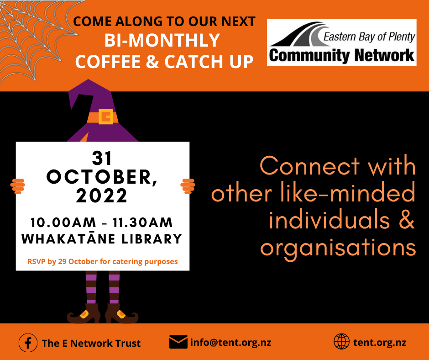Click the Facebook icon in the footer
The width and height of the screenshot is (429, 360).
point(28,343)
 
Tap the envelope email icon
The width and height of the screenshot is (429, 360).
point(178,342)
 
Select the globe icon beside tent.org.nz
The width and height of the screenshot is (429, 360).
point(341,342)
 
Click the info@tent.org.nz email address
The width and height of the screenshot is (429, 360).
point(230,343)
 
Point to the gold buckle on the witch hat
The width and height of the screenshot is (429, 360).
point(106,116)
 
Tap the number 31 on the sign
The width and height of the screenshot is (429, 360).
point(102,158)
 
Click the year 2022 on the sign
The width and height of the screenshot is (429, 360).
point(101,196)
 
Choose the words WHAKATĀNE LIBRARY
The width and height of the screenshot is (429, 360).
point(102,238)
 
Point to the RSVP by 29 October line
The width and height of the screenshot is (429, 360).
point(103,262)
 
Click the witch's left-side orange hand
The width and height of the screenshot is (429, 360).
point(18,186)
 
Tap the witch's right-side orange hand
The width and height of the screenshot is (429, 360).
point(188,186)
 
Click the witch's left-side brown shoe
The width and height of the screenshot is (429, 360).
point(84,314)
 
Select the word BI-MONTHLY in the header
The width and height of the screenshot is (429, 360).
point(162,40)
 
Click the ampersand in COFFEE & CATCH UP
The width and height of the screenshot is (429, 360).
point(152,62)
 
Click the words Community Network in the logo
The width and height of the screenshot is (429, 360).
point(342,56)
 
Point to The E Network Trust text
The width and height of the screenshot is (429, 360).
point(91,343)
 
